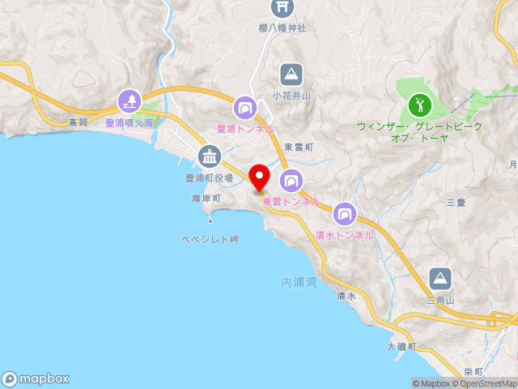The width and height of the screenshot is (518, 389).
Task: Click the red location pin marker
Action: click(x=259, y=177)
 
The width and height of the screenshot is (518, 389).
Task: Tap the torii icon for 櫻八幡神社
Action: click(x=282, y=8)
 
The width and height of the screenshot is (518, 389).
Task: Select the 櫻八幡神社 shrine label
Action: click(x=282, y=28)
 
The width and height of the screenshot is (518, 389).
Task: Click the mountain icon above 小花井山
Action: click(x=291, y=75)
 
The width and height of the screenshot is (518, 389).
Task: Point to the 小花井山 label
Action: click(x=291, y=95)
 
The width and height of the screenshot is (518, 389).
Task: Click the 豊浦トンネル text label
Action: click(x=245, y=128)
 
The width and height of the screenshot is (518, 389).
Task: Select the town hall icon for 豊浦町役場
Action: click(x=209, y=156)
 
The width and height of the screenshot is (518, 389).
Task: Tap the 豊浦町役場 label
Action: click(x=209, y=177)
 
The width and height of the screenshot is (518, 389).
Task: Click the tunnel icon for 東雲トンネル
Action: click(x=291, y=180)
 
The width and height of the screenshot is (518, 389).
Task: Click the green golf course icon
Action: click(x=419, y=105)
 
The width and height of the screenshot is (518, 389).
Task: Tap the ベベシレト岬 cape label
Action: click(x=210, y=240)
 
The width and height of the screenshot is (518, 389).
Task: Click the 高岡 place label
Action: click(x=78, y=122)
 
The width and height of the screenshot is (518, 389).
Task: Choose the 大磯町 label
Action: click(x=401, y=347)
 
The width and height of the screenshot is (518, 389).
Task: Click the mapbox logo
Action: click(x=36, y=378)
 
